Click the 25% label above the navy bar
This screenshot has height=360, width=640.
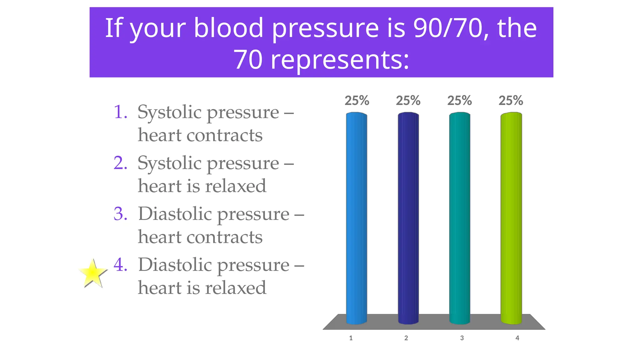408,101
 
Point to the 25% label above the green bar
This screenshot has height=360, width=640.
511,101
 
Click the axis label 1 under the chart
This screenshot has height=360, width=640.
351,338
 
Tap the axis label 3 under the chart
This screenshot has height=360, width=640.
462,338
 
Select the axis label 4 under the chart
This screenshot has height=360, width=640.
517,338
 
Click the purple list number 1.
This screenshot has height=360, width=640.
120,112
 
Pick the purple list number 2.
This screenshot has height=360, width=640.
120,163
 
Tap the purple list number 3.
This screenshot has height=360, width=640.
120,214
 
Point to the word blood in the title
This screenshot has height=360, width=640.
228,28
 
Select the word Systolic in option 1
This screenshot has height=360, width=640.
169,112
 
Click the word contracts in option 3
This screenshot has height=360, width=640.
224,237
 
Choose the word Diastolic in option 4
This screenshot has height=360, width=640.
175,265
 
